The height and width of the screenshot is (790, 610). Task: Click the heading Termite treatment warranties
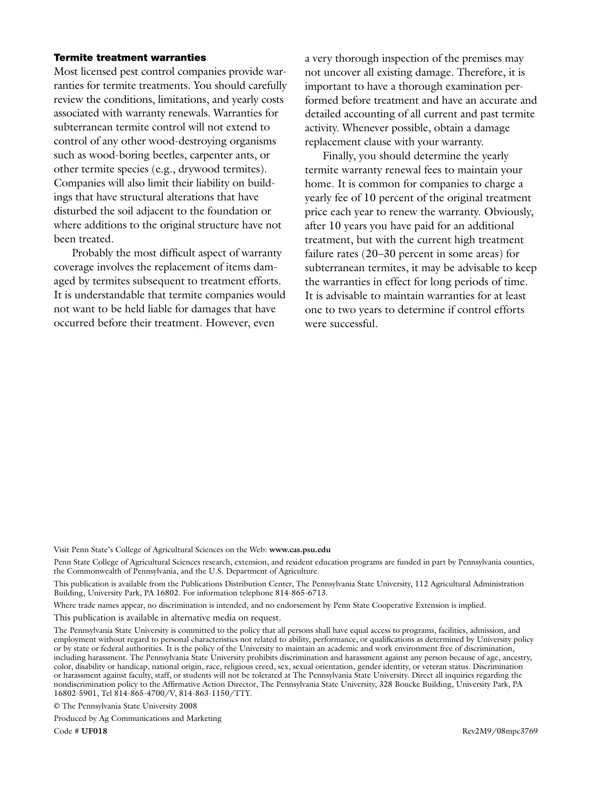130,57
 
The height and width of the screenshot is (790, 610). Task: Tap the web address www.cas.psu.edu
300,549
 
